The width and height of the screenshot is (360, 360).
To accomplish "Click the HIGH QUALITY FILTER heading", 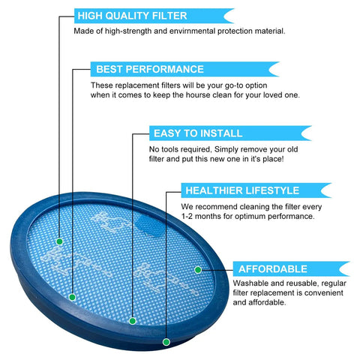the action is (132, 16).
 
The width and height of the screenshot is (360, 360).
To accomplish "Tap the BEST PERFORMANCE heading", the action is (150, 69).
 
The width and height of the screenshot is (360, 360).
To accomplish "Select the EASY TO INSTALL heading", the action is (198, 133).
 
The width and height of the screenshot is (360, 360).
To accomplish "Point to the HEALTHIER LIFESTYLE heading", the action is (242, 190).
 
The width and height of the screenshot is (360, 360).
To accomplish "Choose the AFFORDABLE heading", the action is (273, 269).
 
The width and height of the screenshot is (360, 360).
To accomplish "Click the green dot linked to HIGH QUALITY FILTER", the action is (59, 241).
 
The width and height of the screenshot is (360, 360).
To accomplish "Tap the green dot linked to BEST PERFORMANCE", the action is (72, 297).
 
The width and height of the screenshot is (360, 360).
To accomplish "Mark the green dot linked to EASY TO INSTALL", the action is (133, 321).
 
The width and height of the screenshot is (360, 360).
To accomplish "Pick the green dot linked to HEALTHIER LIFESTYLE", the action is (166, 342).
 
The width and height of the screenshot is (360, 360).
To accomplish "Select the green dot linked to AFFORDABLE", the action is (198, 270).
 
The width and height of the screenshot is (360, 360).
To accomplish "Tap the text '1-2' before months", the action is (187, 216).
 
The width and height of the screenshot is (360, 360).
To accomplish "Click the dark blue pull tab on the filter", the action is (151, 226).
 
